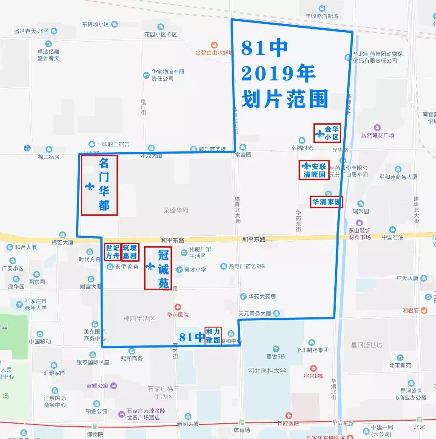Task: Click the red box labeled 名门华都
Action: pyautogui.click(x=99, y=185)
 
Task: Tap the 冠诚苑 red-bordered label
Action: pyautogui.click(x=158, y=268)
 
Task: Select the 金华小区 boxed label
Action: pyautogui.click(x=328, y=133)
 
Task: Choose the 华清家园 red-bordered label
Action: pyautogui.click(x=326, y=202)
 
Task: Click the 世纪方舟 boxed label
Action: pyautogui.click(x=112, y=252)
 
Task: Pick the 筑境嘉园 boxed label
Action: pyautogui.click(x=130, y=252)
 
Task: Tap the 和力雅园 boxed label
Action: pyautogui.click(x=213, y=336)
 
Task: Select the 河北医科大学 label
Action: pyautogui.click(x=267, y=371)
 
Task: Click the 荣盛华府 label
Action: pyautogui.click(x=176, y=210)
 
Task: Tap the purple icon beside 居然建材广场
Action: pyautogui.click(x=377, y=127)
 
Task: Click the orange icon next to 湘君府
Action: pyautogui.click(x=424, y=311)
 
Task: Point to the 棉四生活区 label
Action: pyautogui.click(x=139, y=319)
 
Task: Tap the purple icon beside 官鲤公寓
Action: pyautogui.click(x=114, y=386)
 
